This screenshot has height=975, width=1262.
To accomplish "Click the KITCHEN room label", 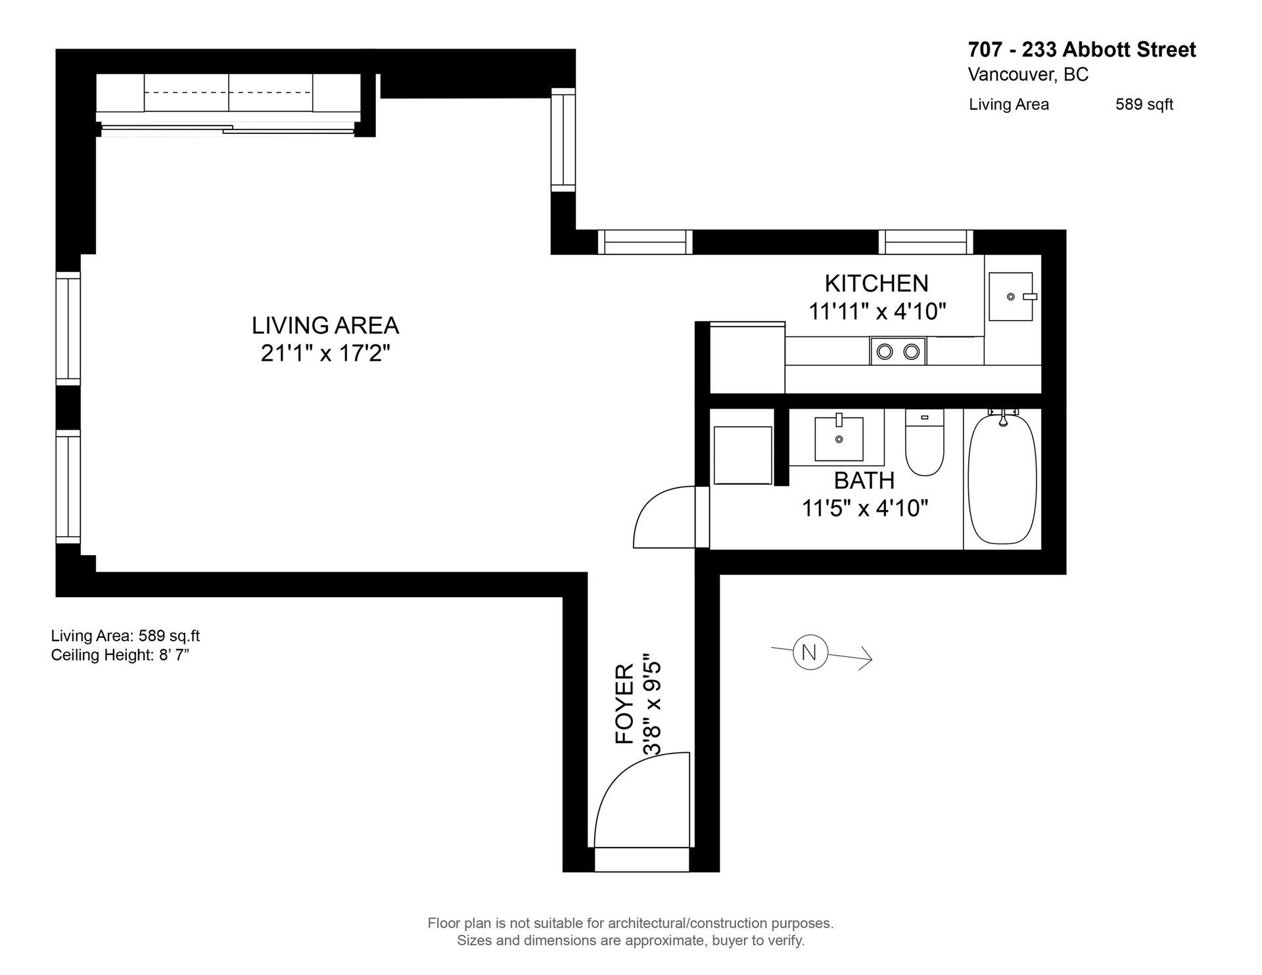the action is (x=876, y=283).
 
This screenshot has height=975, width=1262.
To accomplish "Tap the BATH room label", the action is (x=864, y=480).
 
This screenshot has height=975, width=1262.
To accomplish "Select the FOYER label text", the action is (x=624, y=704).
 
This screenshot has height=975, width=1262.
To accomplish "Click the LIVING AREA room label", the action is (x=325, y=325).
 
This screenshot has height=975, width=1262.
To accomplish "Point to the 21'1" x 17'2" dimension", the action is (x=325, y=353).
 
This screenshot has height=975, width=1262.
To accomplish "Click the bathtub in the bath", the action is (x=1002, y=479).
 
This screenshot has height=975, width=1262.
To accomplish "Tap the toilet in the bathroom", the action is (x=924, y=442).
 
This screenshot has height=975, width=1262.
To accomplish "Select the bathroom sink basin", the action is (x=839, y=438).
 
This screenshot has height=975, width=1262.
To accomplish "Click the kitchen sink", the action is (x=1012, y=296).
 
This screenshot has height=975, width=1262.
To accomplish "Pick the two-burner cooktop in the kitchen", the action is (x=898, y=351).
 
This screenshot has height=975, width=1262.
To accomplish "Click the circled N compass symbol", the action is (x=810, y=653).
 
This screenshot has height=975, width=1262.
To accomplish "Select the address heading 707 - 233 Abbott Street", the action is (x=1082, y=49).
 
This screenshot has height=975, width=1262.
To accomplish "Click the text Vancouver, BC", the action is (x=1028, y=75).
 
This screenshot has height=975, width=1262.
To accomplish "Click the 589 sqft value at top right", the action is (x=1144, y=104).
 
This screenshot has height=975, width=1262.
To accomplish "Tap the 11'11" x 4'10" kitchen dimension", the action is (x=877, y=311).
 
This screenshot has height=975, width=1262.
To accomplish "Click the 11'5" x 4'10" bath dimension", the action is (x=864, y=508).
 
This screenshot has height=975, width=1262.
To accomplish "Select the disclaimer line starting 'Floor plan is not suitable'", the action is (x=631, y=923).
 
